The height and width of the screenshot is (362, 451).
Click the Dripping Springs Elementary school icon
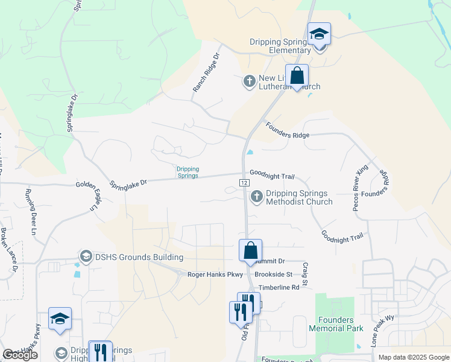319,34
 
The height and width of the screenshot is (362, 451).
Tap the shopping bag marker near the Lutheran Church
297,76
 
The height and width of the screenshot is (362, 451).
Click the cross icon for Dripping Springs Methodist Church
257,196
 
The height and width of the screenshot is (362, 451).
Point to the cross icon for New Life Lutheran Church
250,80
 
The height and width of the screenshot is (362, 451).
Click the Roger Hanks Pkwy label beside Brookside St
215,275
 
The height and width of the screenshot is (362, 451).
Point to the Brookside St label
273,274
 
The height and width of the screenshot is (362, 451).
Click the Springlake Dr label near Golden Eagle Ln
128,182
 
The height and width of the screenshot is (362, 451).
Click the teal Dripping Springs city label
187,173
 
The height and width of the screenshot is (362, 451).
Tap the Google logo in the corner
20,355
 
